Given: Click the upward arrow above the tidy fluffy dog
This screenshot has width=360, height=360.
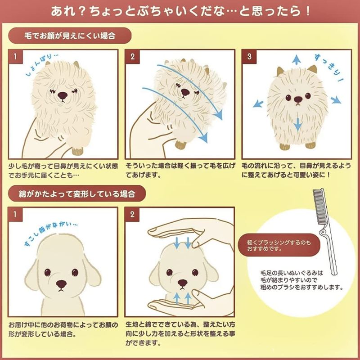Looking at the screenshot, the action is (297, 59).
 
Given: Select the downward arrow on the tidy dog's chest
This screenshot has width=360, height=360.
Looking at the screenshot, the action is (298, 125).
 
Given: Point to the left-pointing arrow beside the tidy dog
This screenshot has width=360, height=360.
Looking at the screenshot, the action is (258, 104).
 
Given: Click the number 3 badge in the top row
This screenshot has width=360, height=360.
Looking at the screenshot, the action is (249, 57).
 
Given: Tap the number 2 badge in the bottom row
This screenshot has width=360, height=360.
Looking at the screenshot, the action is (132, 215).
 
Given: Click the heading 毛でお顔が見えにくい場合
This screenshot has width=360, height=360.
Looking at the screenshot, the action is (70, 36).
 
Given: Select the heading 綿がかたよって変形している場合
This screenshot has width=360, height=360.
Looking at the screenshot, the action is (77, 194).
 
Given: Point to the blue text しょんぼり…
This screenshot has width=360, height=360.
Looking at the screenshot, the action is (41, 65).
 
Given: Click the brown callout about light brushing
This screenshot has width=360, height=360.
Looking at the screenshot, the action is (279, 245).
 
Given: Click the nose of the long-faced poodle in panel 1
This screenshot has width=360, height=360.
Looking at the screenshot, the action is (61, 284).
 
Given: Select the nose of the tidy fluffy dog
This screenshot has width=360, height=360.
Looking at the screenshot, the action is (298, 99).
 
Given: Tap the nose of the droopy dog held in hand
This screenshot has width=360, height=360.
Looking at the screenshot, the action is (63, 95).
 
